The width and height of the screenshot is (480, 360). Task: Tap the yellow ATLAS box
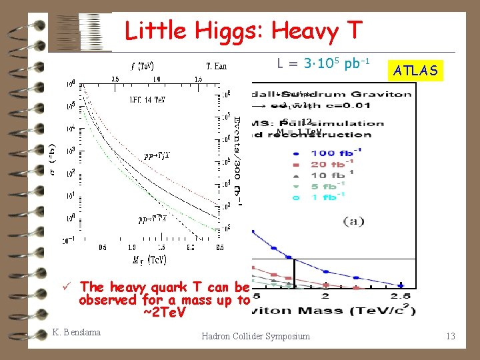click(415, 70)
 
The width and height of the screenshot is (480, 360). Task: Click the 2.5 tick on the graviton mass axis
click(401, 296)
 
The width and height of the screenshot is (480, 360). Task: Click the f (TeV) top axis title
click(142, 66)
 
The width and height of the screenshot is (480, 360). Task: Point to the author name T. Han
click(216, 66)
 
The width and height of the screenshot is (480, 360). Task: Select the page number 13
click(451, 336)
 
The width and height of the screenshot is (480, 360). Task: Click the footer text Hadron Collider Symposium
click(256, 336)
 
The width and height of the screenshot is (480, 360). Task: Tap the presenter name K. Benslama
click(77, 332)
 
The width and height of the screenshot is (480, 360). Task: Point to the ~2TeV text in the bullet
click(163, 312)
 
